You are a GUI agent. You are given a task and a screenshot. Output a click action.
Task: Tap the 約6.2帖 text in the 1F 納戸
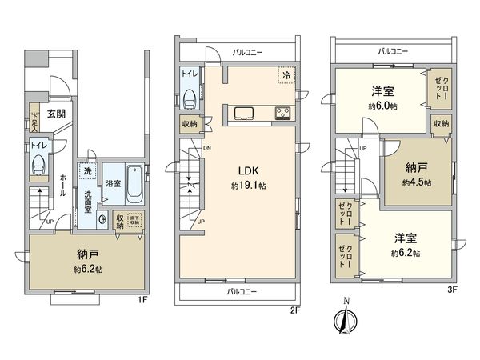click(86, 269)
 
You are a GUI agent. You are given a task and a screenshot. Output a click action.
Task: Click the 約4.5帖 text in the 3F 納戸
click(418, 182)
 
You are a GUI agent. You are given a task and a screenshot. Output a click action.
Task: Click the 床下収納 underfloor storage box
click(134, 219)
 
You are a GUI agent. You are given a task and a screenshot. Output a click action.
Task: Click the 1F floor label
click(141, 299)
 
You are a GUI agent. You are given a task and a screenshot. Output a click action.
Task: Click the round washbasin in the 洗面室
click(102, 219)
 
